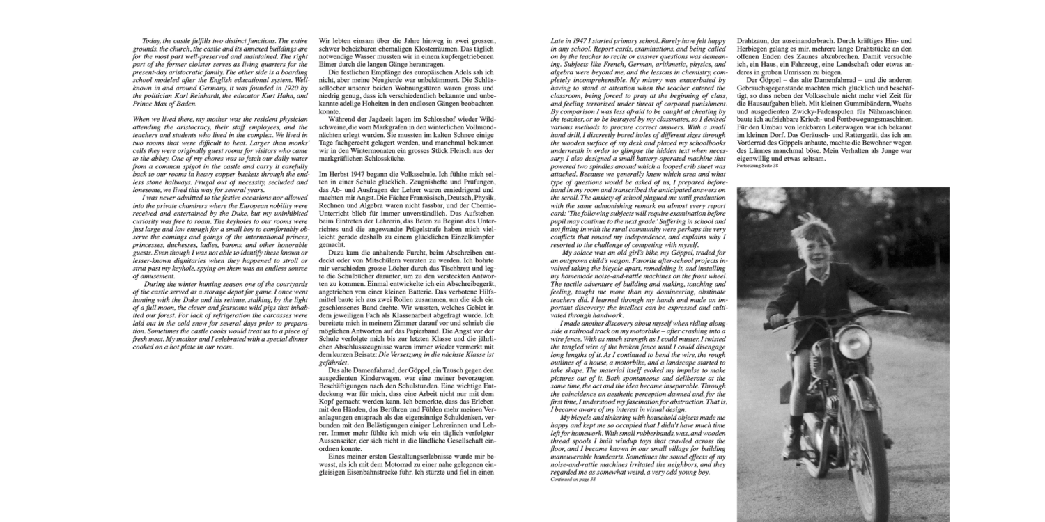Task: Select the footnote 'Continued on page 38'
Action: click(571, 480)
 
